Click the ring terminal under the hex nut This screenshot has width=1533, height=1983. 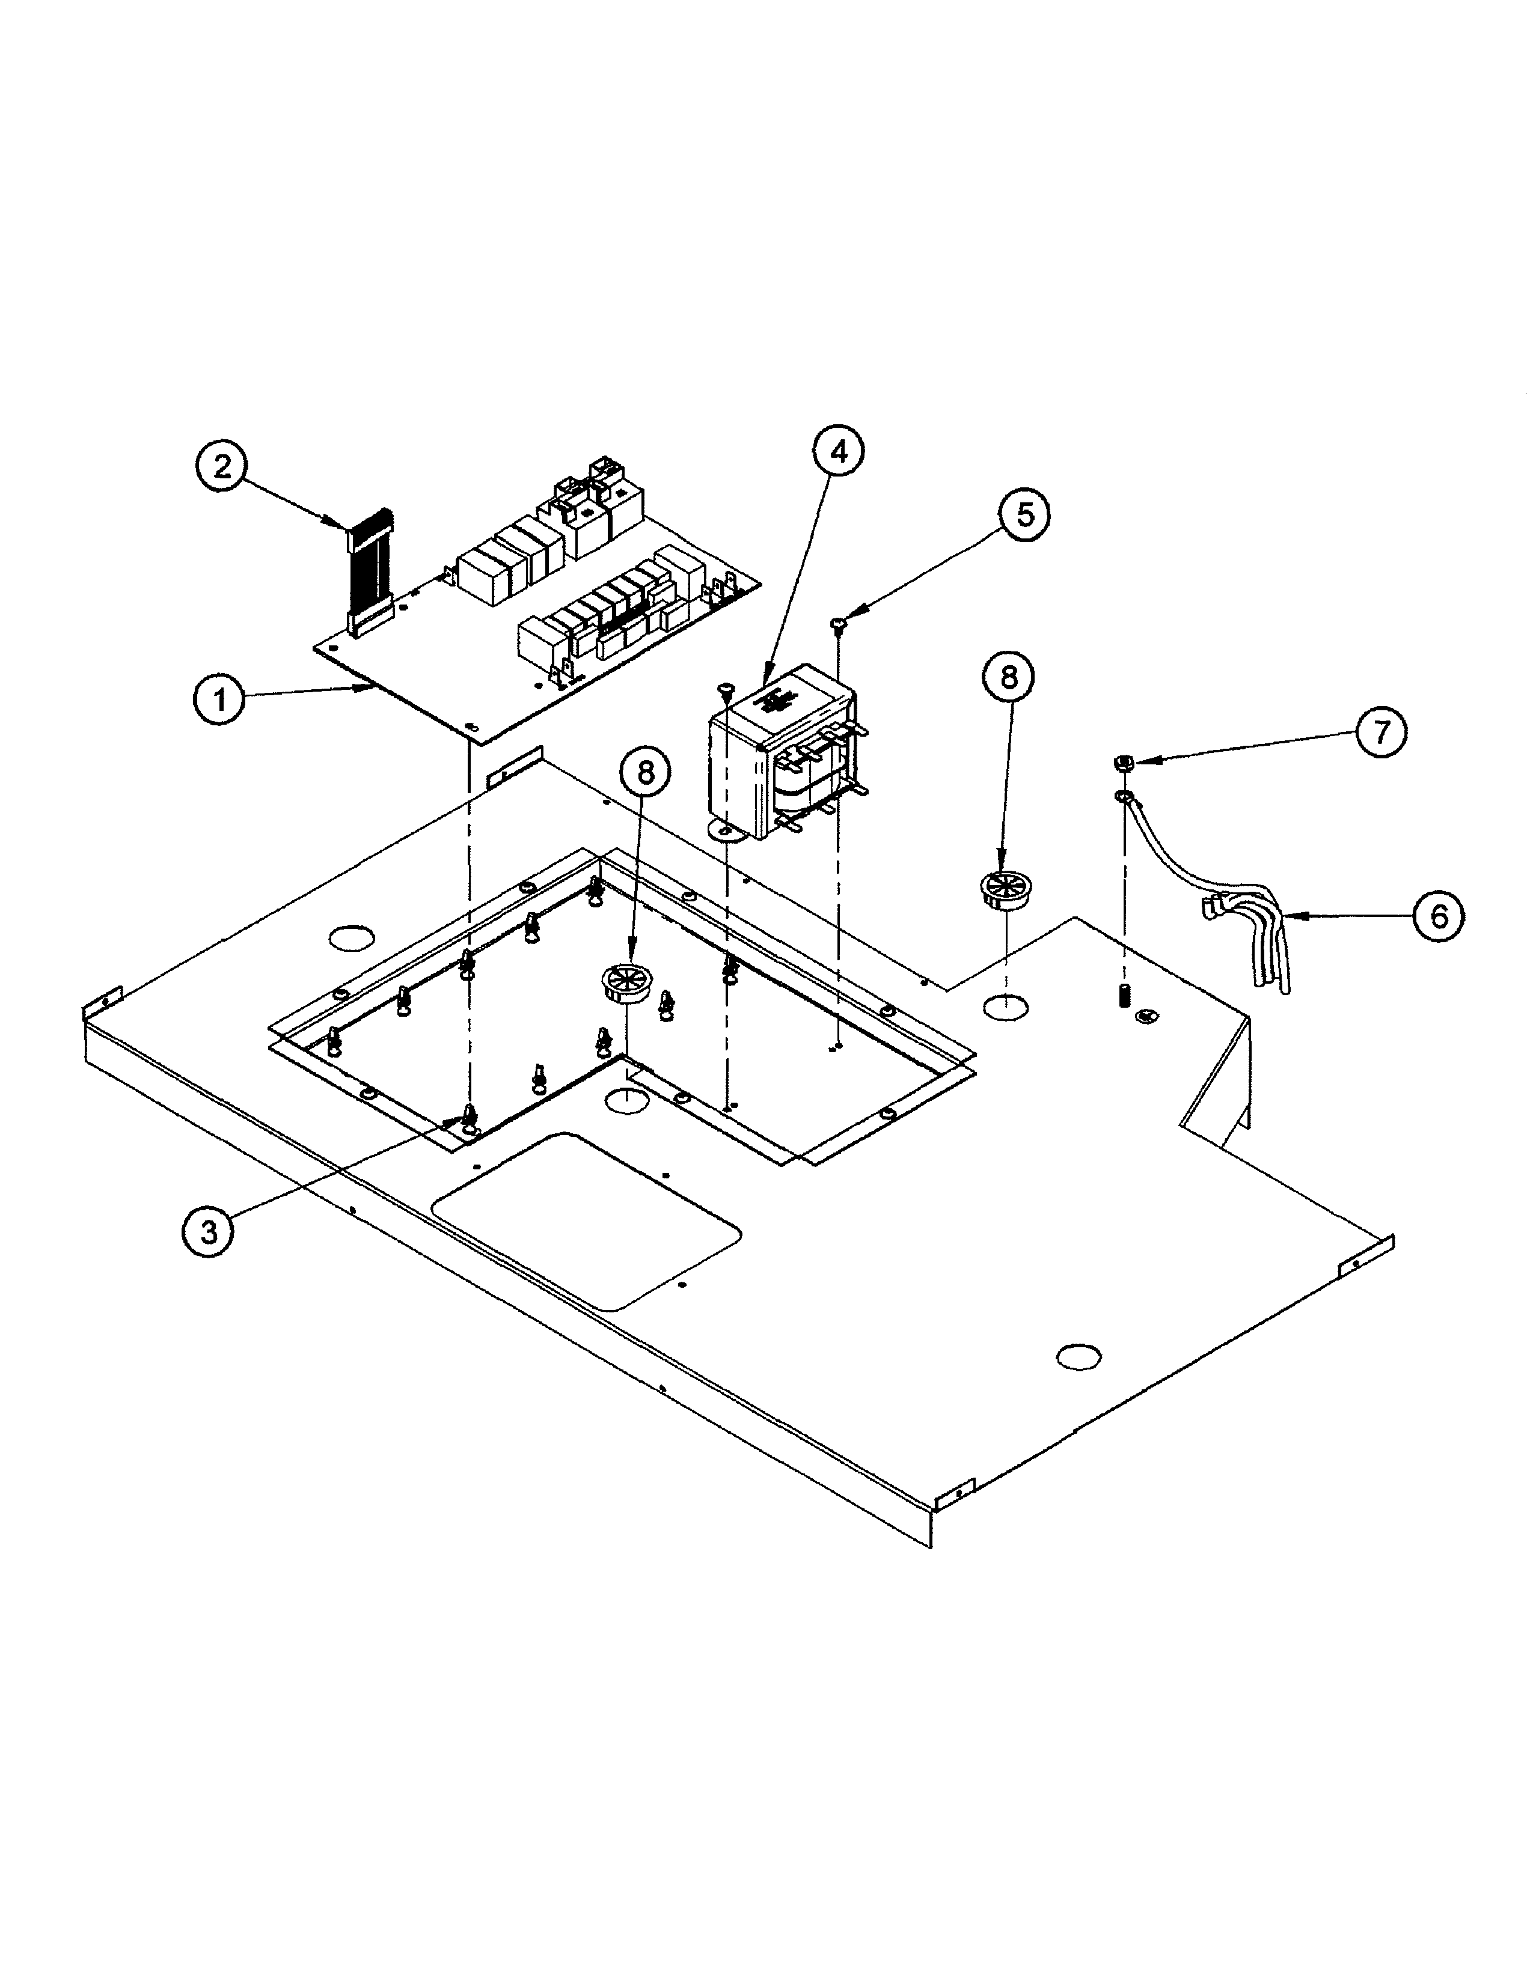[1124, 798]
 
